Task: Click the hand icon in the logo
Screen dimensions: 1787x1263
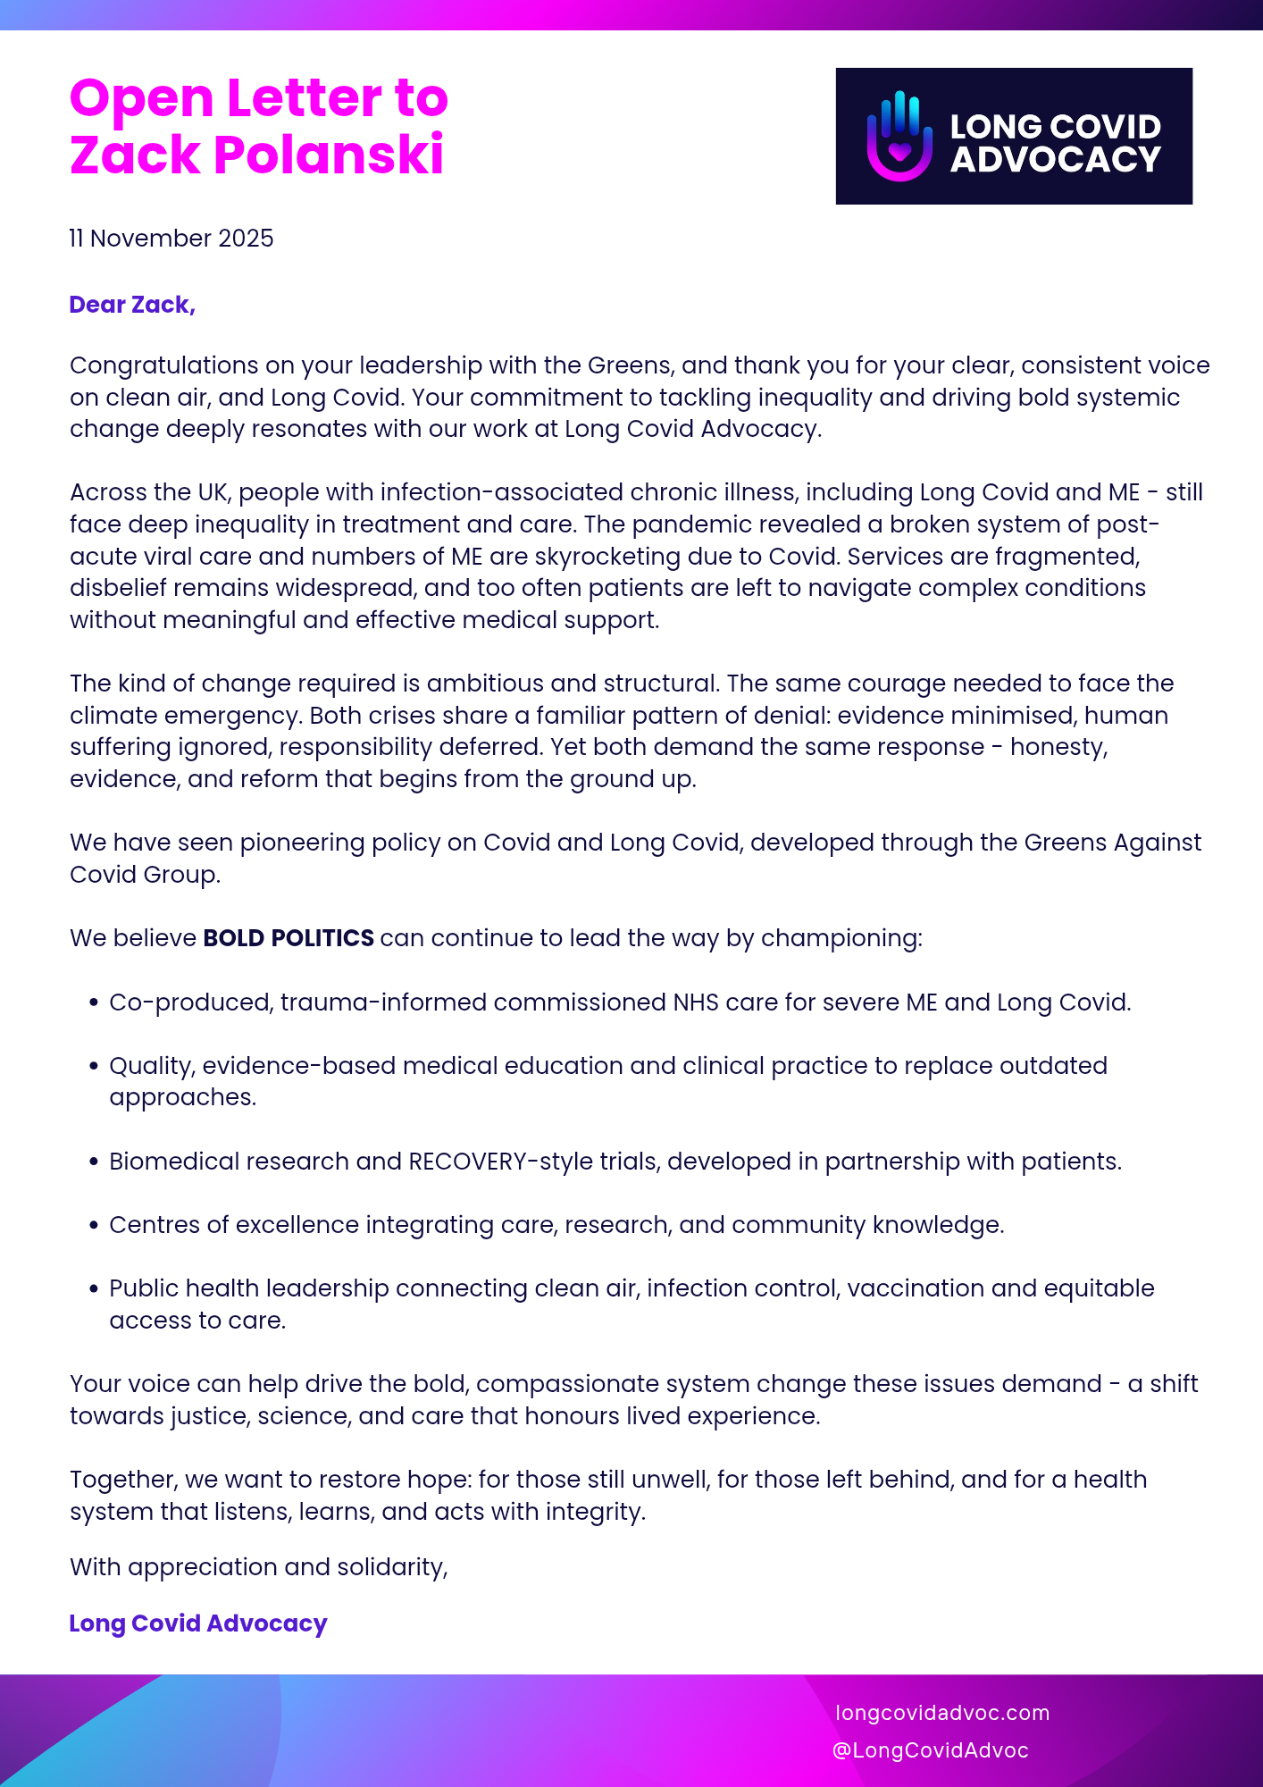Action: pyautogui.click(x=899, y=136)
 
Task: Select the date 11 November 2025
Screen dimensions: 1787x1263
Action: pyautogui.click(x=171, y=239)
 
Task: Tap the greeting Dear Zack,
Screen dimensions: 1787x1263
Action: pyautogui.click(x=132, y=305)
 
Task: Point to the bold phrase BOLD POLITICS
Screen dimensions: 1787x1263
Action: pyautogui.click(x=289, y=938)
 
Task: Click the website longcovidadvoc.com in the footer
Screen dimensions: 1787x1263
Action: pyautogui.click(x=942, y=1713)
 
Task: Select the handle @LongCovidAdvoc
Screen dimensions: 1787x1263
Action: pyautogui.click(x=930, y=1750)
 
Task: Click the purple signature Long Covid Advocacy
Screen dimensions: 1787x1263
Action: pyautogui.click(x=198, y=1623)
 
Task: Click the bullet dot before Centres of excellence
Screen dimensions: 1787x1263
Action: pyautogui.click(x=94, y=1225)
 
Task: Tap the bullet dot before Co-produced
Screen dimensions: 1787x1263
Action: pyautogui.click(x=94, y=1003)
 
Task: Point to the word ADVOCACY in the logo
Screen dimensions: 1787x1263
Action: pyautogui.click(x=1055, y=160)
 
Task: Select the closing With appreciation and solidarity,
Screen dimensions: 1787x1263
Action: pyautogui.click(x=259, y=1567)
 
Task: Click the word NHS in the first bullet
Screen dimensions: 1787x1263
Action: pyautogui.click(x=696, y=1003)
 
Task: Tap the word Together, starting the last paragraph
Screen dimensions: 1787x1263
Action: pyautogui.click(x=124, y=1480)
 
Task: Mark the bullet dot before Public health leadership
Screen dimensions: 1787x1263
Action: pyautogui.click(x=94, y=1288)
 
